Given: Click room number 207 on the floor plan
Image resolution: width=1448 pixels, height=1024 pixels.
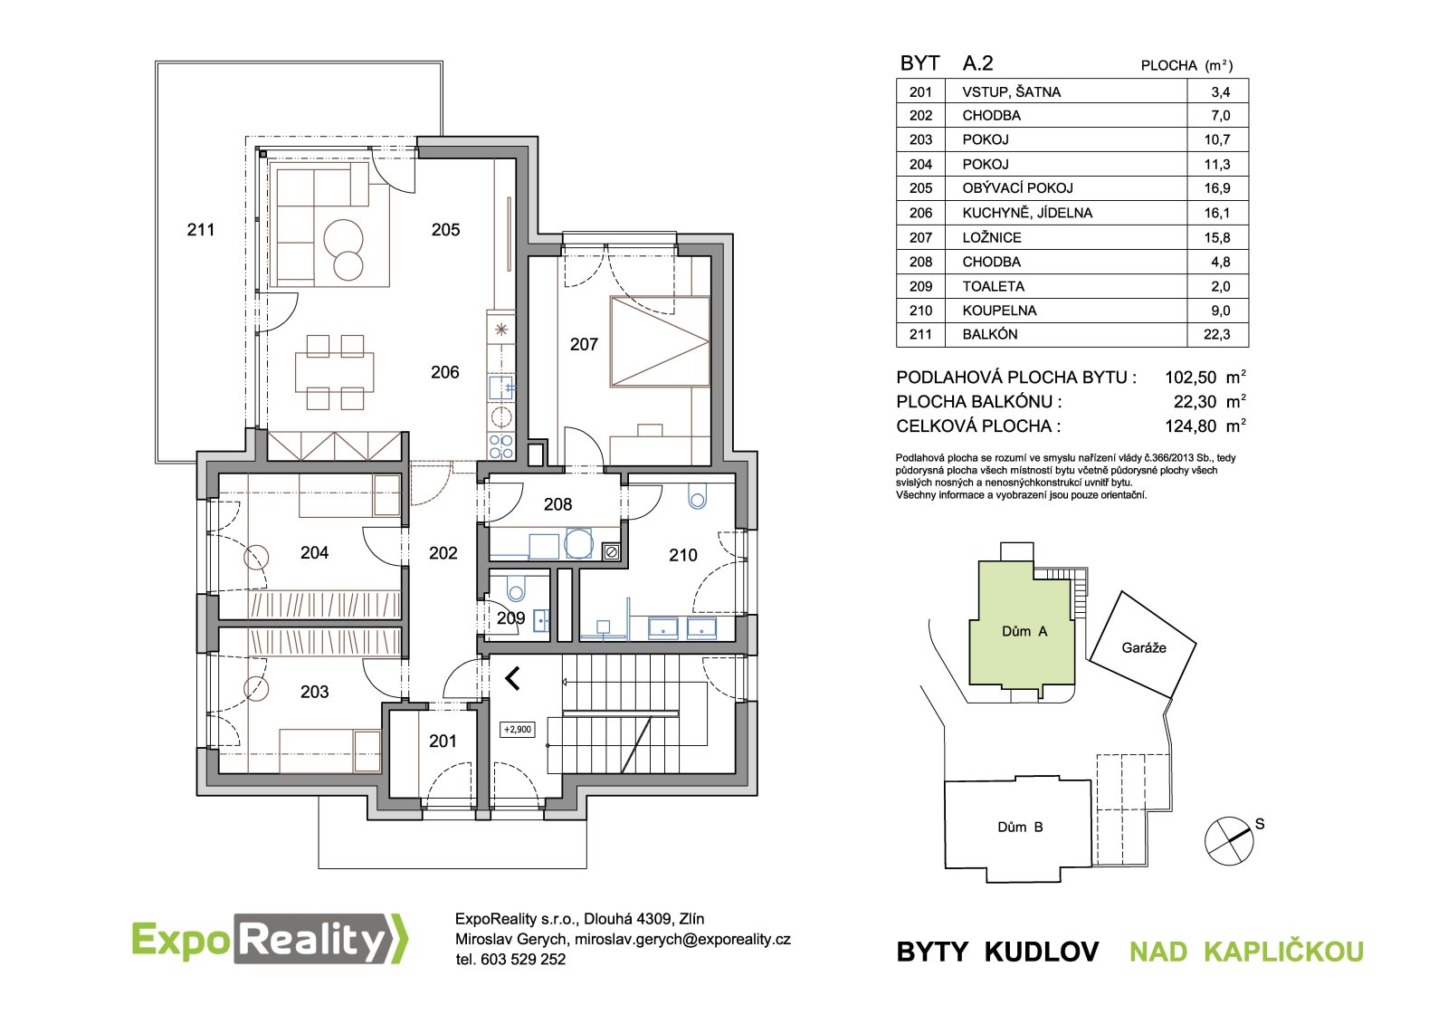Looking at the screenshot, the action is click(584, 344).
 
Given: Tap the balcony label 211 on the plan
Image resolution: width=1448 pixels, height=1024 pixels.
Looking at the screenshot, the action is click(200, 230).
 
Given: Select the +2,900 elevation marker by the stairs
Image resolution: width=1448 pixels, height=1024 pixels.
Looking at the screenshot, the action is click(518, 730).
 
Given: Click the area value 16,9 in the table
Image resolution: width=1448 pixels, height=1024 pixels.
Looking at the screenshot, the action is click(1216, 188).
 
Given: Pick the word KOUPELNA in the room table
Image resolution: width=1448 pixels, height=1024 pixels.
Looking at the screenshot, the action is click(999, 311).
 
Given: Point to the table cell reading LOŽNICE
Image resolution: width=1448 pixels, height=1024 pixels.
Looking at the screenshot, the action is click(992, 237).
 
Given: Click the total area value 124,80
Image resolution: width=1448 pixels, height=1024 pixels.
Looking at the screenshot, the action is click(1191, 426).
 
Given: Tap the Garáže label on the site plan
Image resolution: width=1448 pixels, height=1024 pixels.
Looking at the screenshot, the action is click(1144, 647).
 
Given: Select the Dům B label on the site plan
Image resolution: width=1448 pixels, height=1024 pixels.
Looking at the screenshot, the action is click(1020, 827).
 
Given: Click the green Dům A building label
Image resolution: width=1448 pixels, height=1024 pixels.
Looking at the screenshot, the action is click(1024, 631).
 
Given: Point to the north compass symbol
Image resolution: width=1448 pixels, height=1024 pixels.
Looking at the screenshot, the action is click(1229, 841).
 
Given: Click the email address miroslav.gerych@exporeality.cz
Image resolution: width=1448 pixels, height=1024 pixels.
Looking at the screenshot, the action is click(682, 939).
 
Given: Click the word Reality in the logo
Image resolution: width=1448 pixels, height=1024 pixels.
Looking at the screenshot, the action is click(315, 940).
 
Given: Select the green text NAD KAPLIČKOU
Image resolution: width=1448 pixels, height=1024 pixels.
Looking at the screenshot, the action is click(1246, 952).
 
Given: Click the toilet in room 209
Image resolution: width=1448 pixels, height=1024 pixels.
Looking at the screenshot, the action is click(517, 588).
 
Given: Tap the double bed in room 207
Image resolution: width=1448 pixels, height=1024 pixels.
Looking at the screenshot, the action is click(660, 341).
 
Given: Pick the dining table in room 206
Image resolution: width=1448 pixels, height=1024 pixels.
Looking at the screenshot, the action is click(335, 372).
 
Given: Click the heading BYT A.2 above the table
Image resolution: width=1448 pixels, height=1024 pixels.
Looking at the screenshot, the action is click(947, 63).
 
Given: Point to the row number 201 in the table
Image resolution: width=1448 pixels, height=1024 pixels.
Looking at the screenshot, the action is click(920, 91).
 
